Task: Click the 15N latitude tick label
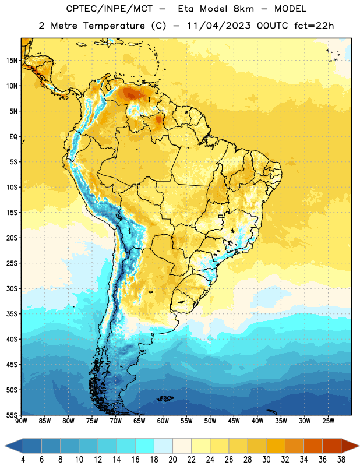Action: [x=12, y=61]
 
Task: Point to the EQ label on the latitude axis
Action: [x=13, y=137]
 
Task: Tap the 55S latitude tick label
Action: [x=12, y=415]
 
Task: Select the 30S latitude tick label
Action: [x=12, y=288]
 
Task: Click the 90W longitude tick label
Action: [x=21, y=421]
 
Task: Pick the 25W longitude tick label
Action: [x=329, y=421]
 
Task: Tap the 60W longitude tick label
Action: [x=163, y=421]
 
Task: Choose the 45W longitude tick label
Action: [x=234, y=421]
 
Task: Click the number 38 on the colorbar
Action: [x=341, y=460]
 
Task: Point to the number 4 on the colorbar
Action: [x=23, y=460]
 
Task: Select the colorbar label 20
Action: [x=172, y=460]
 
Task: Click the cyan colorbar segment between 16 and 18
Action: [x=145, y=446]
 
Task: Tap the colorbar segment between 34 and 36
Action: [x=313, y=446]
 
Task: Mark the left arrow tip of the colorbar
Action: [x=5, y=446]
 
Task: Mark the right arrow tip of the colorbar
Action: [x=359, y=446]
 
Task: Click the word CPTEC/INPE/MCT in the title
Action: [x=109, y=9]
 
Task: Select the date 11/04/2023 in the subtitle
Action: [x=219, y=26]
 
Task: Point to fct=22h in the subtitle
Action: [x=314, y=26]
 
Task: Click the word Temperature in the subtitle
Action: [x=114, y=26]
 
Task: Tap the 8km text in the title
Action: [x=243, y=9]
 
